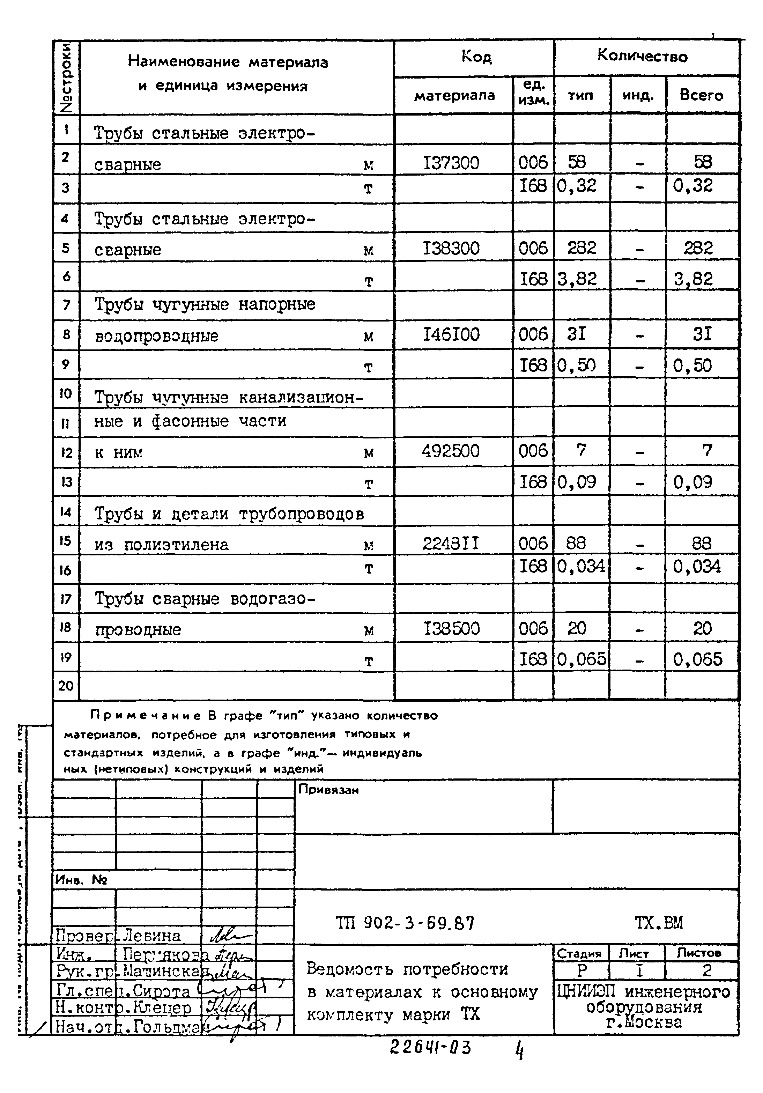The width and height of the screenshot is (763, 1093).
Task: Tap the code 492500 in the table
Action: [450, 451]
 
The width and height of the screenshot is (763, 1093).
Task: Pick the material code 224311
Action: [450, 543]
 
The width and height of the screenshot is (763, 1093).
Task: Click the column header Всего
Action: [701, 95]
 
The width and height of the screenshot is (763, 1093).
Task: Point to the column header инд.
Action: [638, 96]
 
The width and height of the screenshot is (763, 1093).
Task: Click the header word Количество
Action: [642, 56]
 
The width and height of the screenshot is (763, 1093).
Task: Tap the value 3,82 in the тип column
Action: [577, 279]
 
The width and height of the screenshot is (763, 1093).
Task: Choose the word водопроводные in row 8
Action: [157, 336]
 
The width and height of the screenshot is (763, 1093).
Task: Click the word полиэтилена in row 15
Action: [176, 545]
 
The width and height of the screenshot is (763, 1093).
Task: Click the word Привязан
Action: [328, 790]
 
